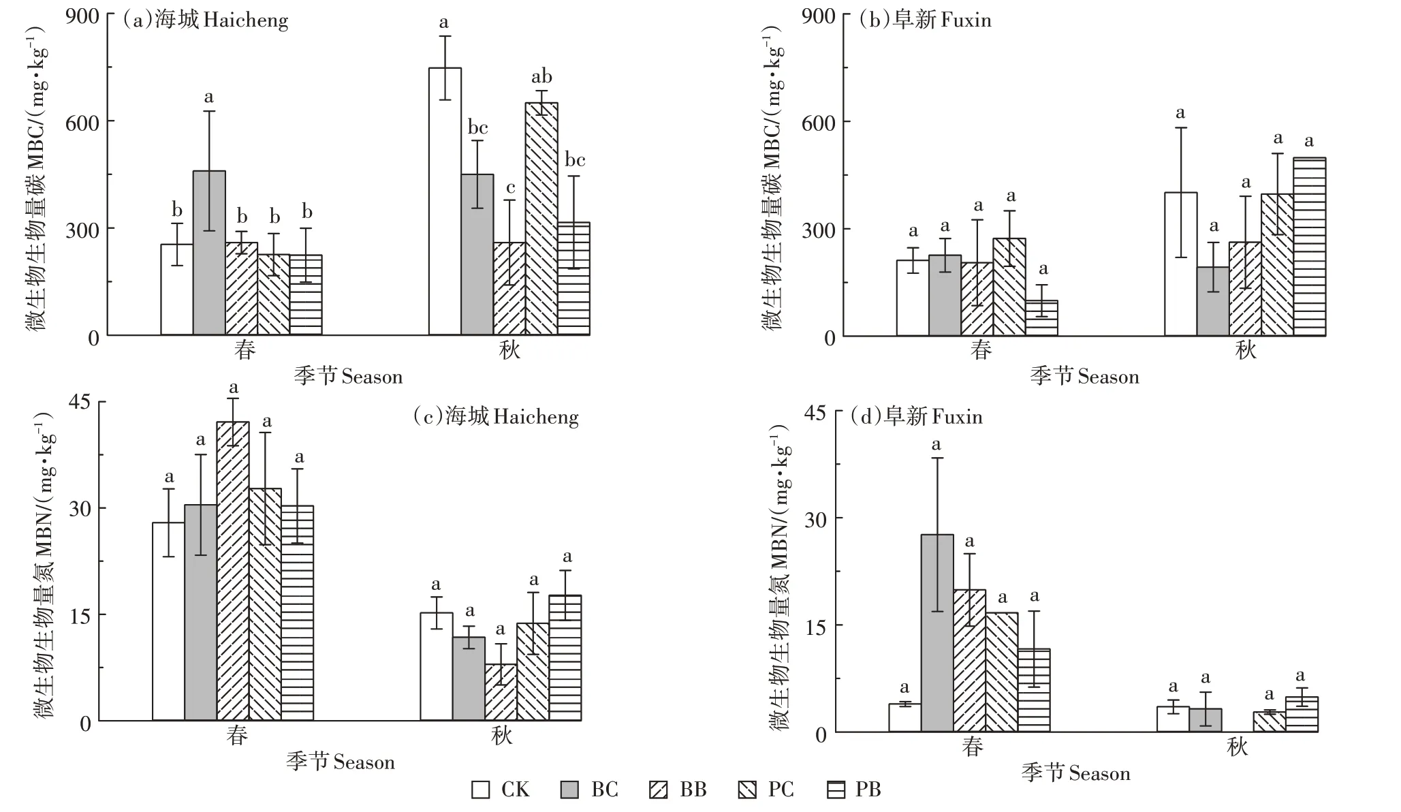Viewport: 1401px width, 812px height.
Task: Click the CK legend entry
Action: pos(501,790)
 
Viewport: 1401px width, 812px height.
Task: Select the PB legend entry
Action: pos(854,790)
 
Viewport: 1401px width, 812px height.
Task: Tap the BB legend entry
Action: pos(678,790)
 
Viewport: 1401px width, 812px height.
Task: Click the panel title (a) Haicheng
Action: pos(205,20)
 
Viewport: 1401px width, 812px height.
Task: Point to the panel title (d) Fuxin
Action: pos(917,416)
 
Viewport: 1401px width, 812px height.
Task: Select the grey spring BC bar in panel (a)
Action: pos(209,253)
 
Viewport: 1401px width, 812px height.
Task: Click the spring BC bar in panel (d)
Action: pos(937,633)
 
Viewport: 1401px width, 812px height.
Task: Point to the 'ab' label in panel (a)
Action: pos(541,77)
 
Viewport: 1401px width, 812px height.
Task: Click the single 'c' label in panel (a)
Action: pos(510,188)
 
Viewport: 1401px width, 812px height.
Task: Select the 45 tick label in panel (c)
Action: pos(80,402)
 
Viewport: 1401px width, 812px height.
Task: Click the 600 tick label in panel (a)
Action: pos(82,123)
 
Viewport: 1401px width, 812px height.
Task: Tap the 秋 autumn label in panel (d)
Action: pos(1237,747)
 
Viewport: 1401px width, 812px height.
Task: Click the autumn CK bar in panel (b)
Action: pos(1180,264)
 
